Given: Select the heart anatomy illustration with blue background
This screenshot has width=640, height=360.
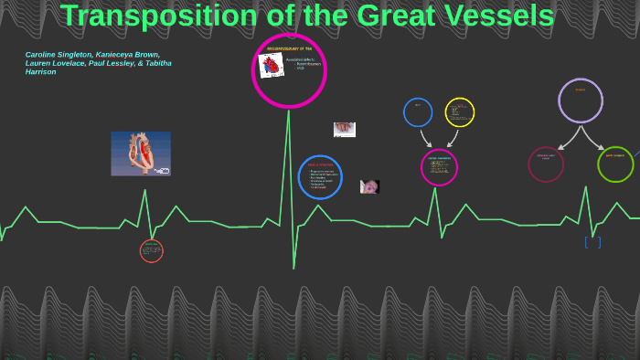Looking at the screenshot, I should (141, 154).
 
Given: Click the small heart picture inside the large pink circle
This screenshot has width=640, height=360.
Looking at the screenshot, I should (271, 65).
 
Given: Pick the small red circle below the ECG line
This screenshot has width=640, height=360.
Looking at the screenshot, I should (152, 250).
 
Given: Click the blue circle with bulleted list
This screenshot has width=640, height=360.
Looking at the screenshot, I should (320, 177).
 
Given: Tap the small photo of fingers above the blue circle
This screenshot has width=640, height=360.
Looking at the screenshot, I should (344, 130).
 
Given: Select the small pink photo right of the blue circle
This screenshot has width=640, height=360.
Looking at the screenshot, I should (369, 186).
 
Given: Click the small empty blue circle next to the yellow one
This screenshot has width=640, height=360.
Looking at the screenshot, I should (418, 112).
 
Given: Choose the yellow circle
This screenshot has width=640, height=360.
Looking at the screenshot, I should (460, 112).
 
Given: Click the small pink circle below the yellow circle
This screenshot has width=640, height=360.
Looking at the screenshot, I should (439, 167).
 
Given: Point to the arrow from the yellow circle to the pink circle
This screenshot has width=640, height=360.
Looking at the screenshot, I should (452, 138).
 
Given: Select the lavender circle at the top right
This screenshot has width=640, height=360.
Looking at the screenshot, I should (581, 101).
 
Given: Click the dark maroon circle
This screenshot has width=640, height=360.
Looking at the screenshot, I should (546, 164).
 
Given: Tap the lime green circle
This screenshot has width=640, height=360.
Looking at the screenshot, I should (615, 164).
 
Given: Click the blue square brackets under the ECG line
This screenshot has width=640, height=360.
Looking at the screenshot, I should (592, 242).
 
